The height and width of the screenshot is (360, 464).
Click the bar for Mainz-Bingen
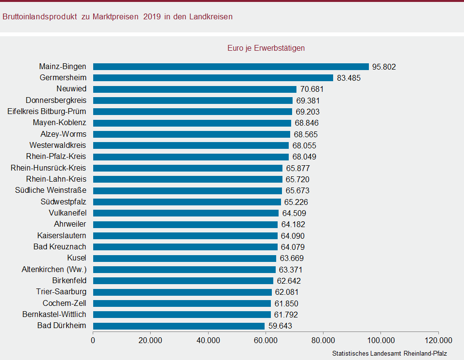pyautogui.click(x=231, y=67)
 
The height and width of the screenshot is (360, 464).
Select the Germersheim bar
pyautogui.click(x=213, y=78)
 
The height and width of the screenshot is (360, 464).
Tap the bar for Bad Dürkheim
pyautogui.click(x=179, y=326)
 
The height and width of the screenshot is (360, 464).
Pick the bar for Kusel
pyautogui.click(x=184, y=258)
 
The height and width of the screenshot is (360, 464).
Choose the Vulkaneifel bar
pyautogui.click(x=186, y=213)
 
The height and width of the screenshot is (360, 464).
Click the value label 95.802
pyautogui.click(x=384, y=67)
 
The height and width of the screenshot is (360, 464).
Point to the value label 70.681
pyautogui.click(x=311, y=89)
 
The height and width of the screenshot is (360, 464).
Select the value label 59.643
pyautogui.click(x=280, y=326)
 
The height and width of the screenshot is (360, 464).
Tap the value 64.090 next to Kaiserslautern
pyautogui.click(x=293, y=236)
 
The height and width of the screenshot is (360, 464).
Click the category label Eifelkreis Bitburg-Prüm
pyautogui.click(x=47, y=112)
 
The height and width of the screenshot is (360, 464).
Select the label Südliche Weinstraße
pyautogui.click(x=51, y=190)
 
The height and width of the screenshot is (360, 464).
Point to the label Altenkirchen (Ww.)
pyautogui.click(x=54, y=269)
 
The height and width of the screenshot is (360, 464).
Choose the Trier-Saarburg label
pyautogui.click(x=61, y=292)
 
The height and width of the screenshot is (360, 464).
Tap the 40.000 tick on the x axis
pyautogui.click(x=208, y=340)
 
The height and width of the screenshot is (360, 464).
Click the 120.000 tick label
pyautogui.click(x=438, y=340)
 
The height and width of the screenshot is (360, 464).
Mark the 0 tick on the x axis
pyautogui.click(x=93, y=340)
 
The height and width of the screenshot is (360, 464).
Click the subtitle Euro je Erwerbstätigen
pyautogui.click(x=266, y=48)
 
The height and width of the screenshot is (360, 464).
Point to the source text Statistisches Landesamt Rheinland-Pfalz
pyautogui.click(x=389, y=354)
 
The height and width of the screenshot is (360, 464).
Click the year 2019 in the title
pyautogui.click(x=153, y=17)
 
